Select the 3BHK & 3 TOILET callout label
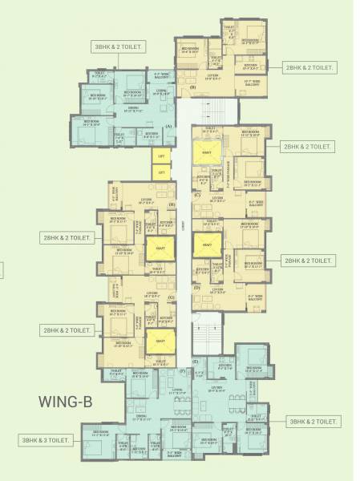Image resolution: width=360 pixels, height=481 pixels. pyautogui.click(x=47, y=440)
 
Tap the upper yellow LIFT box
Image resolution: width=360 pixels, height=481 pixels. pyautogui.click(x=161, y=156)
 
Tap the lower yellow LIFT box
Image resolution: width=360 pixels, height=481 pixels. pyautogui.click(x=161, y=172)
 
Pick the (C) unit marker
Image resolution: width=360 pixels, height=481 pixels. pyautogui.click(x=197, y=195)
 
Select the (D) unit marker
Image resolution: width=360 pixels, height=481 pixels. pyautogui.click(x=197, y=287)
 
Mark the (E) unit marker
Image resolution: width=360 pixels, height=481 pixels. pyautogui.click(x=195, y=362)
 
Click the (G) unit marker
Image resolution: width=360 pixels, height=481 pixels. pyautogui.click(x=172, y=297)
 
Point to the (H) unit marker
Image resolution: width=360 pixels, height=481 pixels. pyautogui.click(x=172, y=205)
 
